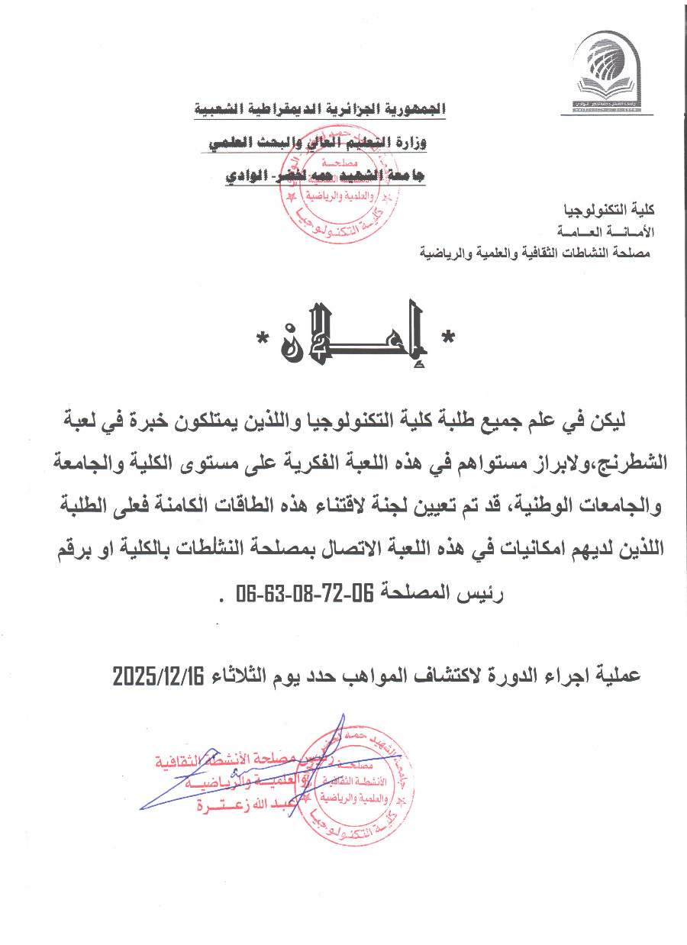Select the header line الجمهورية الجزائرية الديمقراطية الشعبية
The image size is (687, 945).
point(318,109)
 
